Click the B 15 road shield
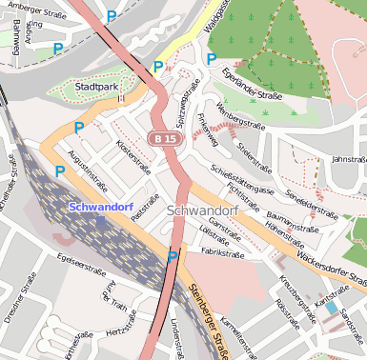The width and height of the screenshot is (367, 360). (163, 139)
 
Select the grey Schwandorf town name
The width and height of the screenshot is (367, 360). (201, 210)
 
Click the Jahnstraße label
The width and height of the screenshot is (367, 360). (348, 159)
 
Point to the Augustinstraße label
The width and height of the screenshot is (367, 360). (83, 169)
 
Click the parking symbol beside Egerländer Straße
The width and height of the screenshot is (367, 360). (212, 59)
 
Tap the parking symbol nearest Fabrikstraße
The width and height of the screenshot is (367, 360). (173, 256)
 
